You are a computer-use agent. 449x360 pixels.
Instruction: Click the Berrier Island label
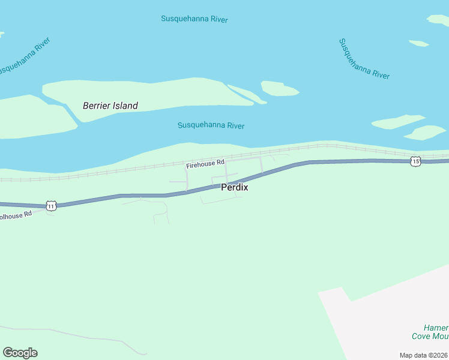point(110,106)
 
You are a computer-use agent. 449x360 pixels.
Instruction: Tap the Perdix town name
point(235,187)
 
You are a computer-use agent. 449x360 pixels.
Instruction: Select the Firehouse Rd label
point(205,163)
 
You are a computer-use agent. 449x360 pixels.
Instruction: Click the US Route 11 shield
point(52,206)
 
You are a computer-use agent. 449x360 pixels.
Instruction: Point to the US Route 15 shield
point(415,161)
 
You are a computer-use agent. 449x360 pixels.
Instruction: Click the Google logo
point(20,353)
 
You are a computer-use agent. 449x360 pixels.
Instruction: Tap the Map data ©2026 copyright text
point(424,355)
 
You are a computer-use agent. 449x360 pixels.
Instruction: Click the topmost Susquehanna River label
point(194,19)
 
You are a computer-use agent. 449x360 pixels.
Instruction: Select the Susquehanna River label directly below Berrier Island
point(211,125)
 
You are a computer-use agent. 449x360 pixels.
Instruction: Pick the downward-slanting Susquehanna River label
point(364,59)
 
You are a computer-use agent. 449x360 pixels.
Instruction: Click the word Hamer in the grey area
point(435,328)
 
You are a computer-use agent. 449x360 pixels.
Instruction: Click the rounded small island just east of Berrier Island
point(279,89)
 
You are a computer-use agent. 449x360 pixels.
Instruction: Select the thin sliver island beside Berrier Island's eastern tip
point(247,94)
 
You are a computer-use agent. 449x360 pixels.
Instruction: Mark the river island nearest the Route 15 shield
point(425,132)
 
